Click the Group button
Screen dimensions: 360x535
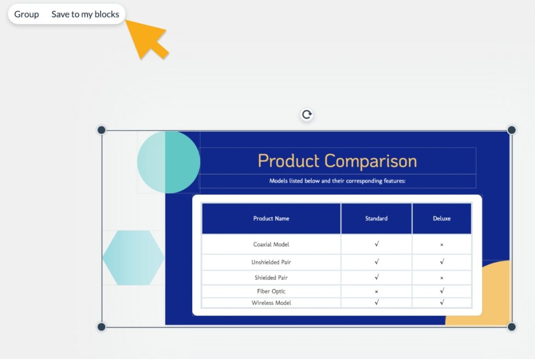coord(27,14)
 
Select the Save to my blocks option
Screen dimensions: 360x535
coord(85,14)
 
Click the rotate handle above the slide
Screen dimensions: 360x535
coord(307,114)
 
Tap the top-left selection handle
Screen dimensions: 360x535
coord(101,130)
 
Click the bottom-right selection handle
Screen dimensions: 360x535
coord(511,327)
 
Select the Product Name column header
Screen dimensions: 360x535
coord(271,218)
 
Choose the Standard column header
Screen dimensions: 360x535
coord(376,218)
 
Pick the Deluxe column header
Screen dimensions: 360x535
coord(441,218)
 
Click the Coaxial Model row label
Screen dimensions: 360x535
coord(271,245)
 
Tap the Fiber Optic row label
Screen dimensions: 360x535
coord(271,291)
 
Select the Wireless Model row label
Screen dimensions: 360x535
coord(271,303)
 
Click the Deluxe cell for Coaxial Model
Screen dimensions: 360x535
coord(441,245)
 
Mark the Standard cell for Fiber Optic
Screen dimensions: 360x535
coord(376,292)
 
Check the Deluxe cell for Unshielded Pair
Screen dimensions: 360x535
coord(441,262)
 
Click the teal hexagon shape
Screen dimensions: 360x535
coord(133,258)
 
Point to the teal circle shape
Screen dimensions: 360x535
coord(168,162)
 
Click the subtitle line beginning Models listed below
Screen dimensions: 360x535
coord(338,181)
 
